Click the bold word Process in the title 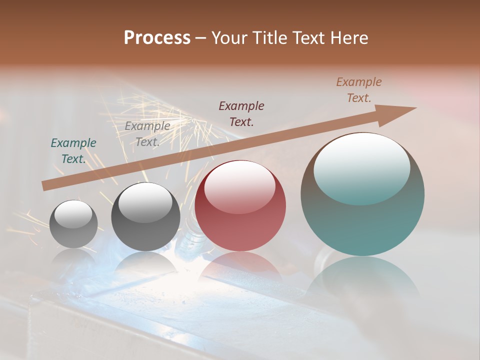coord(157,38)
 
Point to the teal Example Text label coord(73,151)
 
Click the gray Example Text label coord(147,134)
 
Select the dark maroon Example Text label coord(241,113)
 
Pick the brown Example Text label coord(359,90)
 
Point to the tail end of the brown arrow coord(46,185)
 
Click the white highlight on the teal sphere coord(362,167)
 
